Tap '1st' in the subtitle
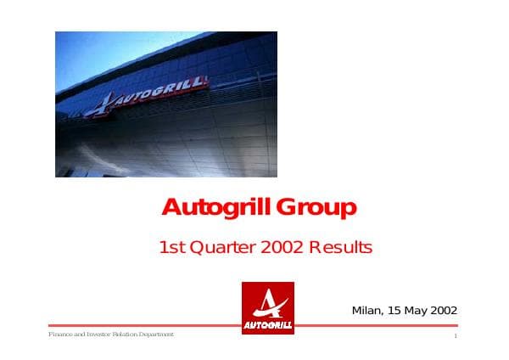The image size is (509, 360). tap(172, 248)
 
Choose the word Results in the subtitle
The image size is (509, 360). tap(340, 248)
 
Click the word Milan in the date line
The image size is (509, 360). tap(366, 310)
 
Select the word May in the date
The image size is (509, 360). tap(415, 310)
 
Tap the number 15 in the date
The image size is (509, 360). tap(394, 310)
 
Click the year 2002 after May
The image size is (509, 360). tap(444, 310)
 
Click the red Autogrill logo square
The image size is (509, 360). tap(268, 307)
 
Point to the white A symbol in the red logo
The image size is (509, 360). tap(268, 302)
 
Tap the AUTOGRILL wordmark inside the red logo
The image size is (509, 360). tap(268, 324)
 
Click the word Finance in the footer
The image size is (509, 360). tap(59, 335)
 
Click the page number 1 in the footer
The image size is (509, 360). tap(456, 338)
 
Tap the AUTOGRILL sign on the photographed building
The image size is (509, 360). tap(161, 92)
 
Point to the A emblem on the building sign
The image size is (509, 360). tap(100, 105)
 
